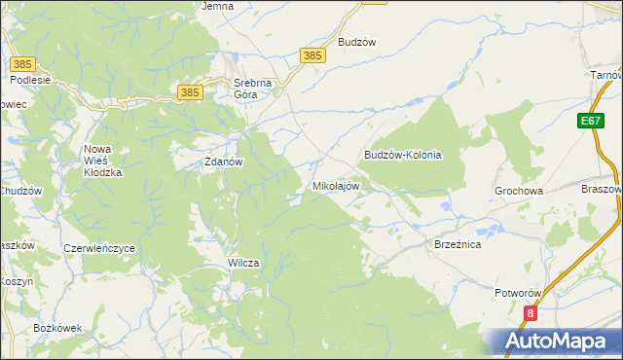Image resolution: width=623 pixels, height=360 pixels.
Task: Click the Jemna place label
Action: point(217,6)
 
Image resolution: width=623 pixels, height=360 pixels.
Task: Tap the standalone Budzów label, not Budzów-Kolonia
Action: point(356,43)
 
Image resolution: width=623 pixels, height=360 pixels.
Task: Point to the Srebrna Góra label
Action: point(254,89)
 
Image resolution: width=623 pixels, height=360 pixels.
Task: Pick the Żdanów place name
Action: point(221,162)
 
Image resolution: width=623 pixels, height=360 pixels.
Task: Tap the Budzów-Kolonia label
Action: point(403,155)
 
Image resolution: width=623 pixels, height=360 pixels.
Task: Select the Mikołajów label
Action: point(336,185)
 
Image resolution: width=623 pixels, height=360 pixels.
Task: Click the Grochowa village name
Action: point(519,192)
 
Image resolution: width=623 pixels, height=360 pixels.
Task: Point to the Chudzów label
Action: point(19,191)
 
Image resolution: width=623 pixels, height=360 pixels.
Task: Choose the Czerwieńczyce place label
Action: point(98,248)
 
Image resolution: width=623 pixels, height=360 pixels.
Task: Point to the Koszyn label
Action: point(17,280)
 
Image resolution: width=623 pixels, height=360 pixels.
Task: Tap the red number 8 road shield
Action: point(531,313)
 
